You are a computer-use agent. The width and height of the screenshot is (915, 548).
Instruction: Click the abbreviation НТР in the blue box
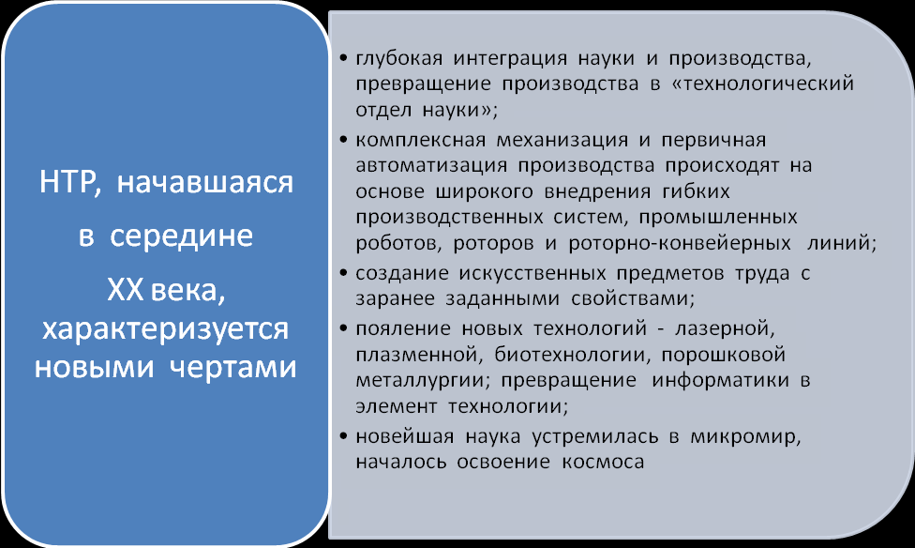click(67, 182)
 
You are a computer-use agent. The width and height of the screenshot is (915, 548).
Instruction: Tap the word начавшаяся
click(204, 182)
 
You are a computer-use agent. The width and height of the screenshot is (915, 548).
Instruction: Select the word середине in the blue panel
click(182, 236)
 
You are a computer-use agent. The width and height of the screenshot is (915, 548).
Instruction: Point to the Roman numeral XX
click(125, 290)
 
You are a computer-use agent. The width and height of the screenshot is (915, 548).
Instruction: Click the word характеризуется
click(165, 329)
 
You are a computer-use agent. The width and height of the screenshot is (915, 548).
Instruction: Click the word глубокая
click(399, 59)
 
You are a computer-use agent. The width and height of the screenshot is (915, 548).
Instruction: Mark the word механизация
click(562, 140)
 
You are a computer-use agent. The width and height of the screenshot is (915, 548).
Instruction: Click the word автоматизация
click(431, 166)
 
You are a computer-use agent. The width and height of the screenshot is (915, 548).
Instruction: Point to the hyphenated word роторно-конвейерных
click(680, 243)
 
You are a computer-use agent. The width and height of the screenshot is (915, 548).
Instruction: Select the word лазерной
click(725, 329)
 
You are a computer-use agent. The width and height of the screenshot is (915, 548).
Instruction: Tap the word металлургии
click(423, 380)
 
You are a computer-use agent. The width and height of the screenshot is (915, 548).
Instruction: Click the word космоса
click(604, 462)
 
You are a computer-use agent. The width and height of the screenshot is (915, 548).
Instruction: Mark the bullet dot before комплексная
click(344, 140)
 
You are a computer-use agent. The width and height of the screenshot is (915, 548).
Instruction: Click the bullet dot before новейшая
click(344, 436)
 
